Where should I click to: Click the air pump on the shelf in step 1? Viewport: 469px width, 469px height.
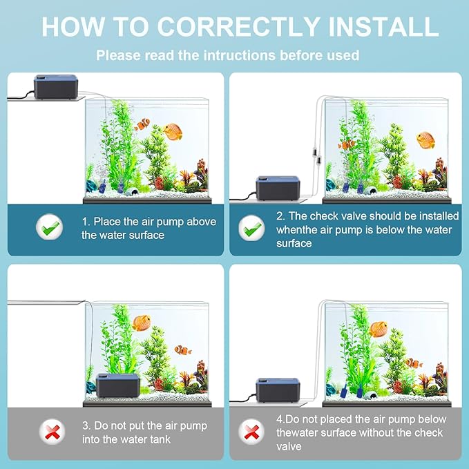(x=56, y=88)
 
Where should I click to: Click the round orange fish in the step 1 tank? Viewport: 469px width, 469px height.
(x=172, y=131)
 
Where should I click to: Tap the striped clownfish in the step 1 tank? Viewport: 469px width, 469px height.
(x=142, y=124)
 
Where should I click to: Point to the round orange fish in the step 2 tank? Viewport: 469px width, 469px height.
(x=425, y=140)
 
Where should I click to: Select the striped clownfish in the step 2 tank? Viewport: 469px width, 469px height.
(x=347, y=144)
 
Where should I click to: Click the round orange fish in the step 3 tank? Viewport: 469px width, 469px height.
(x=142, y=323)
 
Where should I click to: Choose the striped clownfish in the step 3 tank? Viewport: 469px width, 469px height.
(x=183, y=350)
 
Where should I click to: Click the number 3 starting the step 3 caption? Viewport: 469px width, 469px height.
(x=84, y=425)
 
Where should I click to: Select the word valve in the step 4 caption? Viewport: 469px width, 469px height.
(x=289, y=446)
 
